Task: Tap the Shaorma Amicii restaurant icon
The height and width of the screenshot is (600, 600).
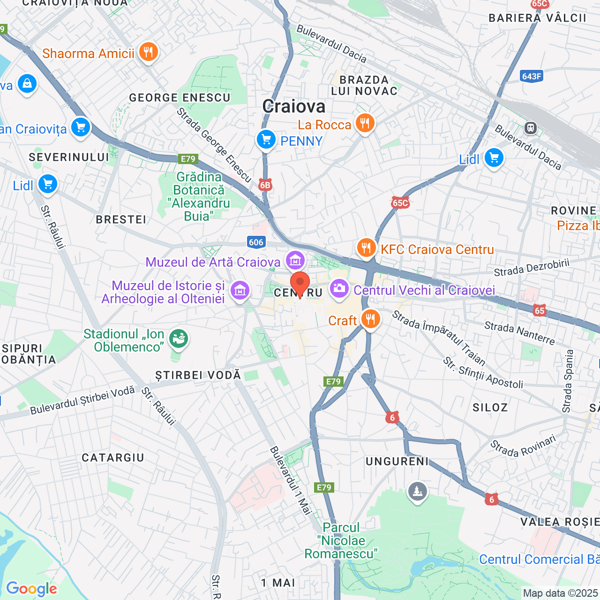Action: (x=148, y=52)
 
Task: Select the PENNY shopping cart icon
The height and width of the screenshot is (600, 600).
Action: (x=266, y=139)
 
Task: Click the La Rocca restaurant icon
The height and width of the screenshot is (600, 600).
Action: (x=365, y=123)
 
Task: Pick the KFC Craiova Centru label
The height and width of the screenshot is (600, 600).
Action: (x=437, y=249)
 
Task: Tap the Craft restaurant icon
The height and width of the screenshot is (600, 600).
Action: (x=370, y=319)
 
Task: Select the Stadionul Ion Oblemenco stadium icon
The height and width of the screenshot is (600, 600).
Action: (x=179, y=338)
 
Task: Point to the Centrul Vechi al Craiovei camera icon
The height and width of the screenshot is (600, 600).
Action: (x=339, y=288)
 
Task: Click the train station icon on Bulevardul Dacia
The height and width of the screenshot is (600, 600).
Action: (x=530, y=127)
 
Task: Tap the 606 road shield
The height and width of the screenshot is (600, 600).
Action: (x=256, y=242)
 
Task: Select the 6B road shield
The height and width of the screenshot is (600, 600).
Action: (x=265, y=185)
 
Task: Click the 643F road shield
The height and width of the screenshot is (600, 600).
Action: (x=531, y=76)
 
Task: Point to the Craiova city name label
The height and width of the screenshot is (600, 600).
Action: (x=294, y=106)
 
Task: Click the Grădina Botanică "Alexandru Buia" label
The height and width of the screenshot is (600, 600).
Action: (x=199, y=196)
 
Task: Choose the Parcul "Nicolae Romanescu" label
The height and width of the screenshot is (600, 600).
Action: (x=341, y=540)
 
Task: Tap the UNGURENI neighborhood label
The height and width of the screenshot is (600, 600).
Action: (x=397, y=462)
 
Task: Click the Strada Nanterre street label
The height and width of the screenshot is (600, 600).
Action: (x=519, y=333)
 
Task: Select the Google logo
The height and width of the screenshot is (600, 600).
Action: (x=31, y=589)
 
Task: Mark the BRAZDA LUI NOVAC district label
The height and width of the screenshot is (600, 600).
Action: (x=364, y=85)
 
